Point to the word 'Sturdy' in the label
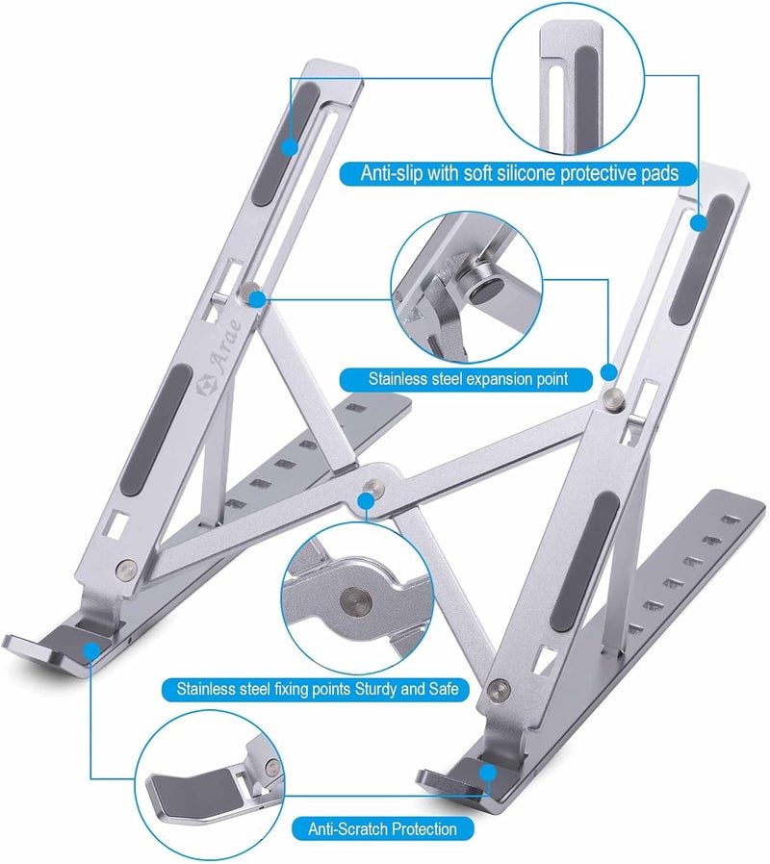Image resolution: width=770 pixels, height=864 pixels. (x=382, y=689)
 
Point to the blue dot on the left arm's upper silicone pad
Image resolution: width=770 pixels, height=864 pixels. (x=289, y=146)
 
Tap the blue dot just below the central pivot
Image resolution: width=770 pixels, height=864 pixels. (x=365, y=499)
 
